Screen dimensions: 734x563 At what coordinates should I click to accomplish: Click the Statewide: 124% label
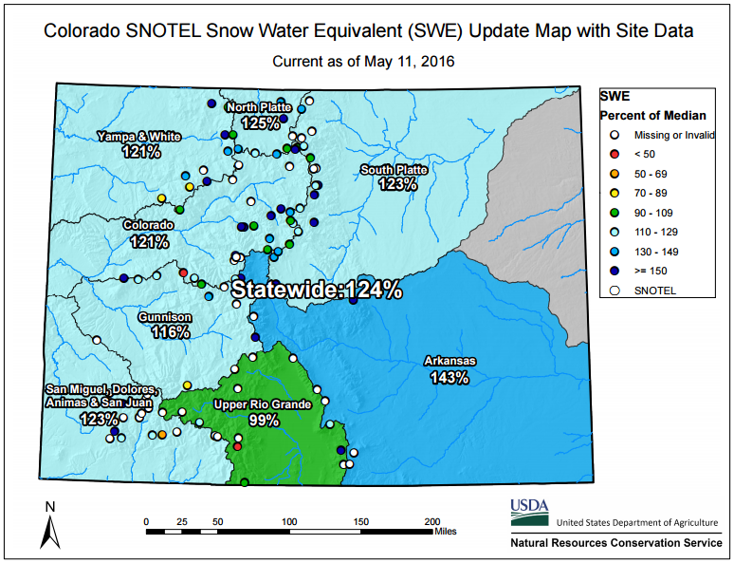click(317, 290)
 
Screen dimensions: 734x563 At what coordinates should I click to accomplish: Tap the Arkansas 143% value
click(450, 377)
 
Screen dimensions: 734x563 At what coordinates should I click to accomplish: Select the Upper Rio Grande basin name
click(262, 404)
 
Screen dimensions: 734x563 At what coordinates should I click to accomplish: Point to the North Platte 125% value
click(261, 122)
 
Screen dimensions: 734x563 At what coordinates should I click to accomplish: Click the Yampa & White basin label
click(139, 137)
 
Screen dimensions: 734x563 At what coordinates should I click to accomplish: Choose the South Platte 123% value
click(398, 184)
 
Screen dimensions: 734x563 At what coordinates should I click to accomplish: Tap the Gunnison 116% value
click(171, 332)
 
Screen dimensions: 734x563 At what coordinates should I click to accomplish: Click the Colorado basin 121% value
click(149, 241)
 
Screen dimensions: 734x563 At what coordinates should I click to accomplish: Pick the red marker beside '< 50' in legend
click(615, 154)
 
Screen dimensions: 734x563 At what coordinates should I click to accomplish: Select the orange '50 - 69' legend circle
click(615, 174)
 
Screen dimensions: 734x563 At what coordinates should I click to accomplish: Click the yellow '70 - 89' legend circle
click(615, 193)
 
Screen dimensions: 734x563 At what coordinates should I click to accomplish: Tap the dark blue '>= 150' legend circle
click(615, 271)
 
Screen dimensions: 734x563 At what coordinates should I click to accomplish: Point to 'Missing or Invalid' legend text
click(674, 135)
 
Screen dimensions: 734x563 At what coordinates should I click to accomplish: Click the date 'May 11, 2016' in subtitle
click(410, 62)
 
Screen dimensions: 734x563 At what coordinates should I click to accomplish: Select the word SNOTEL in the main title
click(163, 31)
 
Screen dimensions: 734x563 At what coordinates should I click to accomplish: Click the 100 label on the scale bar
click(289, 521)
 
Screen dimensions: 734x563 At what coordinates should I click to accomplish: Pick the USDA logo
click(529, 513)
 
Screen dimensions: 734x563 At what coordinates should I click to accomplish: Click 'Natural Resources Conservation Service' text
click(616, 543)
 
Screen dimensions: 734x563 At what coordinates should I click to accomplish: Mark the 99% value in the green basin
click(264, 420)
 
